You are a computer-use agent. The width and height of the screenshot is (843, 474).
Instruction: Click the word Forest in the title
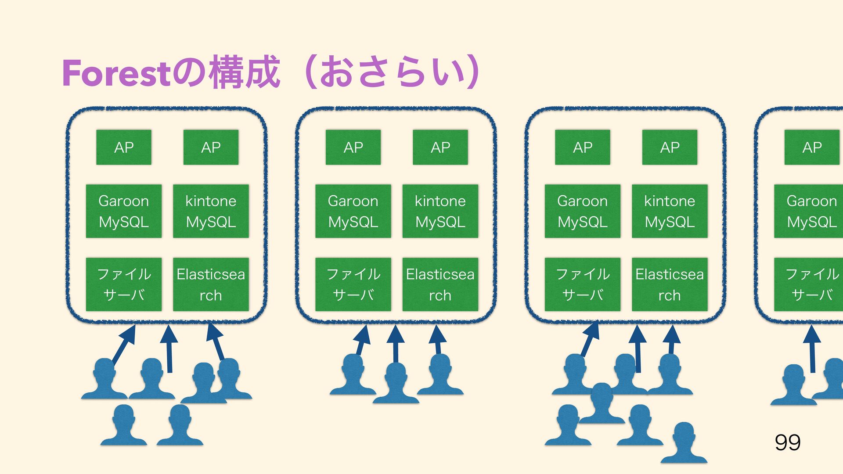(116, 73)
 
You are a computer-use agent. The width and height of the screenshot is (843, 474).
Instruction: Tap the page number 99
(788, 442)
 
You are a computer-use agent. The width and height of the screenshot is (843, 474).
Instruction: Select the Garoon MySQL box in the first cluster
(124, 211)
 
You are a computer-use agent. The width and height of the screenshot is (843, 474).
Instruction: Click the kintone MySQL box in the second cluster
(440, 211)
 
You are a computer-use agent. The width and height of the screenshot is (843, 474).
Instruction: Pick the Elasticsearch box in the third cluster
(670, 284)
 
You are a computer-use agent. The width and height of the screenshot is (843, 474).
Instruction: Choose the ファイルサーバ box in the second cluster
(353, 284)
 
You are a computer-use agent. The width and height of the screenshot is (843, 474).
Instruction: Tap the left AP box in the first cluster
(124, 147)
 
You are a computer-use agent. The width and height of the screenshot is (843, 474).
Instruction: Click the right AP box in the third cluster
(670, 147)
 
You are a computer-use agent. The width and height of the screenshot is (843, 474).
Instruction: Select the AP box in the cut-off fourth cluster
(812, 147)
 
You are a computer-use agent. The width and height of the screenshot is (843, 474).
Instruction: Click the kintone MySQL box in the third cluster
(670, 211)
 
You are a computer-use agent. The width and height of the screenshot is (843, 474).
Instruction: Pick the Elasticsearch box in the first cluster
(211, 284)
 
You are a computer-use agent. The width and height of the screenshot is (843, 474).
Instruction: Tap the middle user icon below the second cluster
(396, 383)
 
